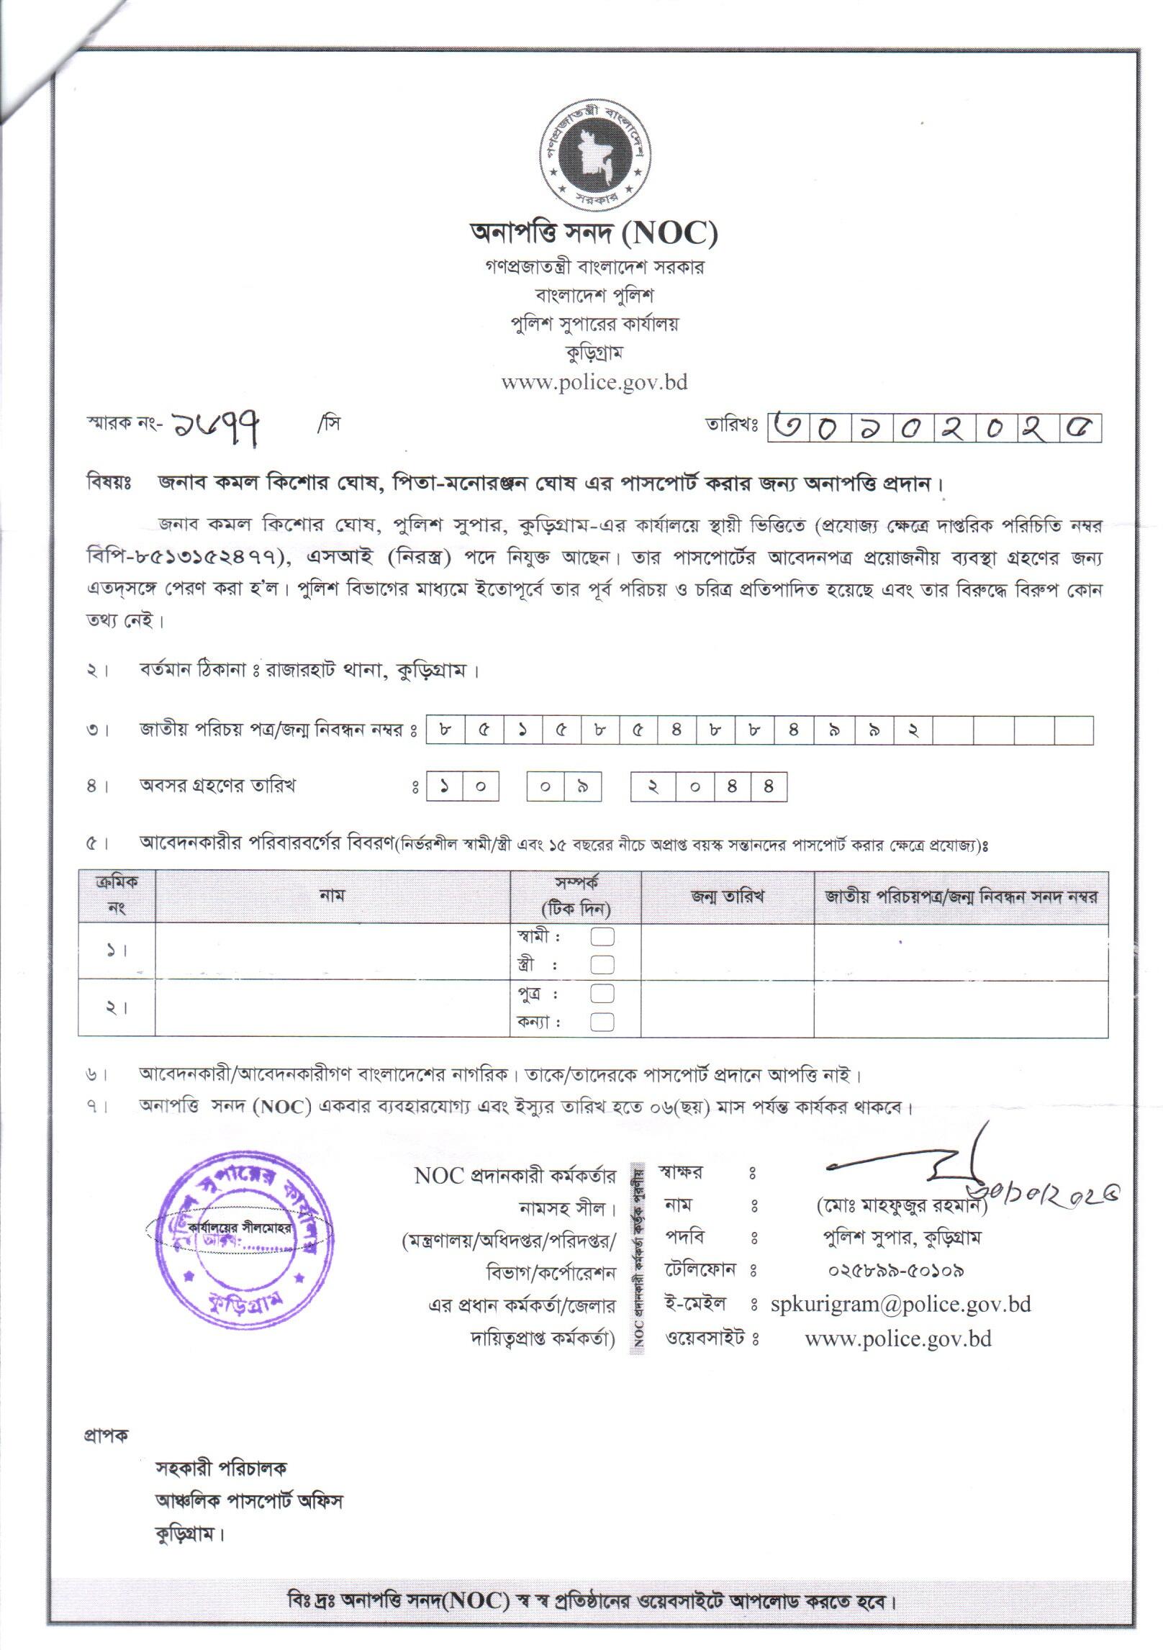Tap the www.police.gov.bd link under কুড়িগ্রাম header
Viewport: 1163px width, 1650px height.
click(594, 382)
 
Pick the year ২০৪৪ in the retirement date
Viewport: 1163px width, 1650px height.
click(709, 787)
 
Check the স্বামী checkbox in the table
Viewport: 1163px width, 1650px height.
click(602, 937)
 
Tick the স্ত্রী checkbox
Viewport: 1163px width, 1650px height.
click(602, 964)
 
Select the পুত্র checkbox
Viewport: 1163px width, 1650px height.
click(602, 994)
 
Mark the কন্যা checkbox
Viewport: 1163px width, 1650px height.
click(602, 1021)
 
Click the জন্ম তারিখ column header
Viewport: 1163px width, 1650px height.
click(727, 897)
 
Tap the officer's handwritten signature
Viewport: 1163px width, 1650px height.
click(928, 1171)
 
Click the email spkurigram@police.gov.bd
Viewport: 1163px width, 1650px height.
click(900, 1304)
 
